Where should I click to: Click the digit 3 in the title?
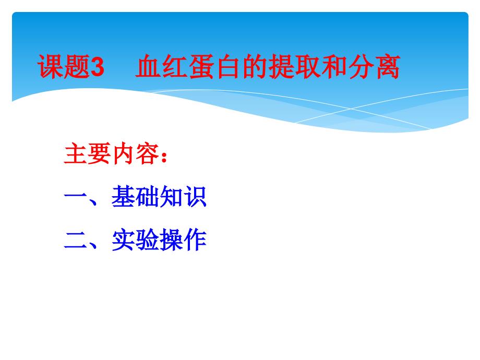[x=98, y=68]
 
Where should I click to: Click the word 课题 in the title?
[x=64, y=68]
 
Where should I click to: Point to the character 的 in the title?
[x=254, y=68]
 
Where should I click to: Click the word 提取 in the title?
[x=294, y=68]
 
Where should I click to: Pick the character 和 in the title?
[x=333, y=68]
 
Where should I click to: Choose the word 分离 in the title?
[x=374, y=68]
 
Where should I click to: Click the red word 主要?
[x=88, y=155]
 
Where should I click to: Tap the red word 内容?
[x=135, y=155]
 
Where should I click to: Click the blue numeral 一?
[x=76, y=198]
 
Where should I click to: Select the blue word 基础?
[x=136, y=198]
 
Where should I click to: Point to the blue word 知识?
[x=183, y=198]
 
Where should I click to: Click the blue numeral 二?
[x=76, y=241]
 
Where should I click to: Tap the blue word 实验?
[x=136, y=241]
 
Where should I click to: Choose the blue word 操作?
[x=183, y=241]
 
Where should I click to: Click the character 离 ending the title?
[x=387, y=68]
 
